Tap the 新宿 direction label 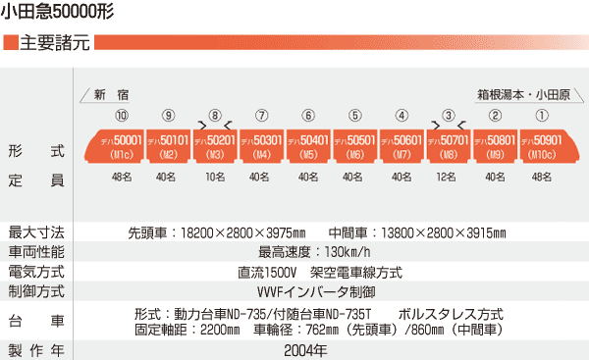tap(111, 94)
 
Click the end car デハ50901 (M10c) tap(542, 146)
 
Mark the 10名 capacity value tap(215, 178)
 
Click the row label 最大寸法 tap(36, 233)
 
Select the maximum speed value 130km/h tap(312, 253)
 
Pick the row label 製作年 tap(36, 350)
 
